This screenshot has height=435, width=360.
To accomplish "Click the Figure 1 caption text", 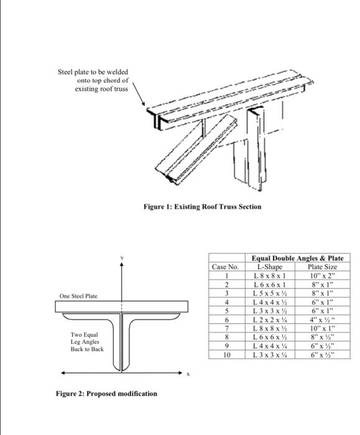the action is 202,207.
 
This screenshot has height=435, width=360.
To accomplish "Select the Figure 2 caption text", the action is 106,393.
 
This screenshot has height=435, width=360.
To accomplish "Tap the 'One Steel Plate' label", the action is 78,296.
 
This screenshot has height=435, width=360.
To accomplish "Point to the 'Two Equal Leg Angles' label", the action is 87,342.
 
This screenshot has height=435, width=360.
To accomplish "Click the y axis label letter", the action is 122,258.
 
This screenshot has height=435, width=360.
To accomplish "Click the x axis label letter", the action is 188,374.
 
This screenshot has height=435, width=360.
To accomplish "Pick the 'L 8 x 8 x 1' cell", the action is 270,276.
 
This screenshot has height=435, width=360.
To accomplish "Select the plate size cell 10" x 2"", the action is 322,276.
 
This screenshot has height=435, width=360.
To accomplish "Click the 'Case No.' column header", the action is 225,267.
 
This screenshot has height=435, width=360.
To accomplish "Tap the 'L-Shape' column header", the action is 270,267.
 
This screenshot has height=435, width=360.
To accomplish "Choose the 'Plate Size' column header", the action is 322,267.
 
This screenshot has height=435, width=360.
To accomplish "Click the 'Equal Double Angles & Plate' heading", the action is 298,258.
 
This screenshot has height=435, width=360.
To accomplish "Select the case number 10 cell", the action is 227,355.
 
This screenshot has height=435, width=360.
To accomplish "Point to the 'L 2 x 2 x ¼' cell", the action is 270,319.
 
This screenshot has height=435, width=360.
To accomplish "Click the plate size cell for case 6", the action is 322,319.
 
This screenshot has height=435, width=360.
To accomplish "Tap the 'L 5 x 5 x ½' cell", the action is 270,293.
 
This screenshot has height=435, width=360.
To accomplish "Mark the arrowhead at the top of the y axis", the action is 122,264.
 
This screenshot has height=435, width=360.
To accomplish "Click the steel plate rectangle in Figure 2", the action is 122,306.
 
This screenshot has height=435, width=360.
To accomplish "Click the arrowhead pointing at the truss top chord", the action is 143,104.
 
